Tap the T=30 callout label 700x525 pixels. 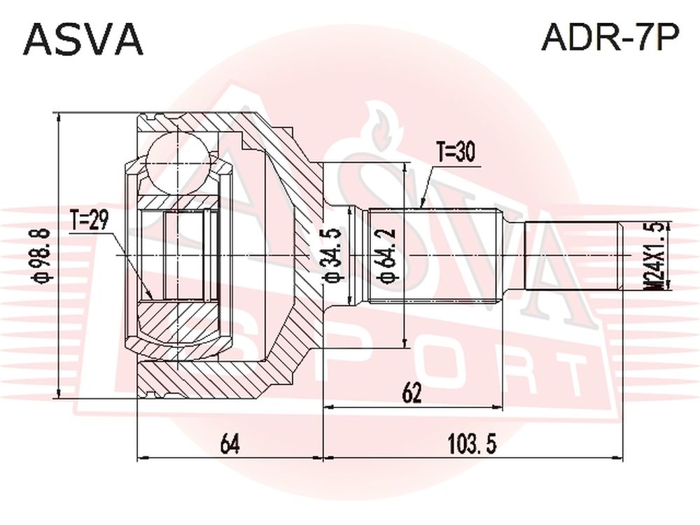pyautogui.click(x=456, y=153)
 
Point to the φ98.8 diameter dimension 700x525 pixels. pyautogui.click(x=45, y=255)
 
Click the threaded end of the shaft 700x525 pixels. pyautogui.click(x=574, y=256)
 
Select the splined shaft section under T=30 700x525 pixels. pyautogui.click(x=433, y=256)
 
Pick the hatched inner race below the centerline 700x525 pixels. pyautogui.click(x=179, y=324)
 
